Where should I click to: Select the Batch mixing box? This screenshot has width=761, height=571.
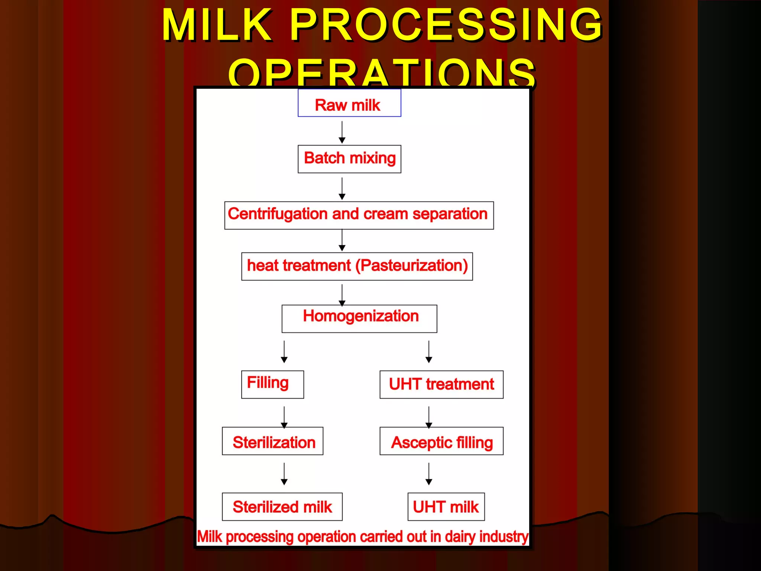tap(349, 159)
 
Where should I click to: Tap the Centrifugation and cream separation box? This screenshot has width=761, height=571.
tap(359, 215)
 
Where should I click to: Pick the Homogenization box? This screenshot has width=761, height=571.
tap(359, 318)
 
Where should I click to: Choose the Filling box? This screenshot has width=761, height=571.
tap(272, 384)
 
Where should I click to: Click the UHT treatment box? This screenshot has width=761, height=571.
tap(441, 384)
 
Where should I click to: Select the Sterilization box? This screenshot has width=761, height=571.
tap(272, 441)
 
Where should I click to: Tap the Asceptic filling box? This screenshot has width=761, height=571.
tap(441, 441)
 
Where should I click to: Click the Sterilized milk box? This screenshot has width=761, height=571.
tap(282, 506)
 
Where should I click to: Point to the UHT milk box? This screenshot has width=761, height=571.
tap(446, 506)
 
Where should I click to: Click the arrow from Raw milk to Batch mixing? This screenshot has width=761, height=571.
tap(342, 132)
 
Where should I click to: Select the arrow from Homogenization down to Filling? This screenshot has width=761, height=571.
tap(284, 352)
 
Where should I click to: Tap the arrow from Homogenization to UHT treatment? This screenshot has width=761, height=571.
tap(429, 352)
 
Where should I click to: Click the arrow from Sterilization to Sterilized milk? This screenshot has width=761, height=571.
tap(284, 474)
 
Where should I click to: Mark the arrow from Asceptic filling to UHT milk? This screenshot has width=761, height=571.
tap(429, 474)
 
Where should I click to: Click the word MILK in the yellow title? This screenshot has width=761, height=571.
tap(217, 25)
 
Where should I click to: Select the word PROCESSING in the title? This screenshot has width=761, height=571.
tap(446, 25)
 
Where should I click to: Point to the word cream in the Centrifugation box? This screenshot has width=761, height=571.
tap(385, 214)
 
